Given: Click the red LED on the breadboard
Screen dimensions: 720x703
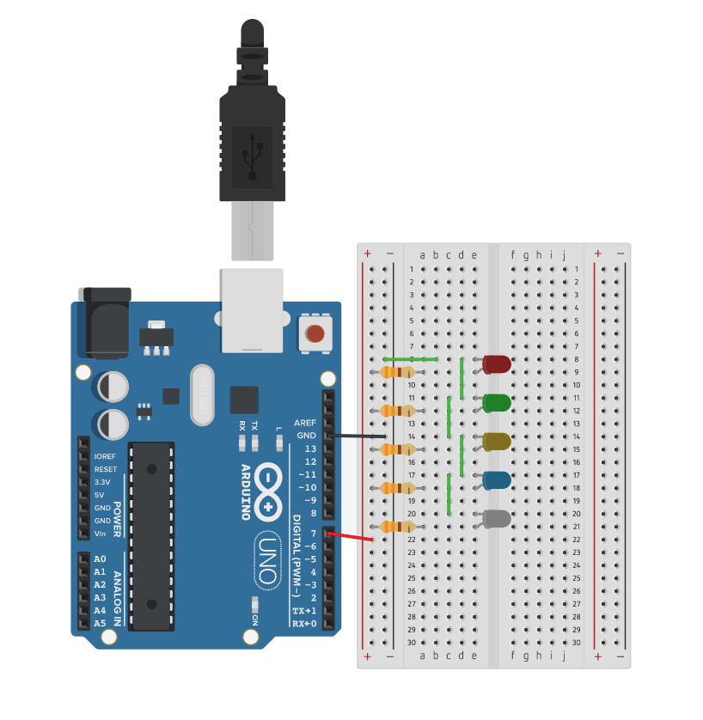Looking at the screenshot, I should [x=497, y=364].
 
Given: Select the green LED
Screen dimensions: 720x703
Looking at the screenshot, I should [x=497, y=402].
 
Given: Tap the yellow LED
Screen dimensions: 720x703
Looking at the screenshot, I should [x=497, y=442].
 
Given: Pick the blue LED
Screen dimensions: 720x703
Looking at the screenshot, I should [x=497, y=480].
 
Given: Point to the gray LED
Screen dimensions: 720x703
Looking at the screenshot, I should [x=497, y=518].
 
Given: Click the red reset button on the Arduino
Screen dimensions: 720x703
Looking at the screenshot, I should [x=315, y=333].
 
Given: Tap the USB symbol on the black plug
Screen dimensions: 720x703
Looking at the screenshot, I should [x=252, y=156].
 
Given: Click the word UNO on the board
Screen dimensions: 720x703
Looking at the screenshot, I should [x=268, y=559].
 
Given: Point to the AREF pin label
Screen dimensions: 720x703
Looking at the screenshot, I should [x=305, y=423].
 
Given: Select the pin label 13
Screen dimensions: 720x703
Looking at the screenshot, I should [x=310, y=448].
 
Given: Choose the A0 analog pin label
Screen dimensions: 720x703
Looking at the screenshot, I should [x=100, y=559].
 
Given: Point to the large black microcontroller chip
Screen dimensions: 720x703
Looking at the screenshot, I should [x=151, y=535].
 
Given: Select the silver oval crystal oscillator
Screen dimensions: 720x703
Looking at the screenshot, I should [x=202, y=394].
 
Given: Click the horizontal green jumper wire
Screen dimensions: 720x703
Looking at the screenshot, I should [x=410, y=359].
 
